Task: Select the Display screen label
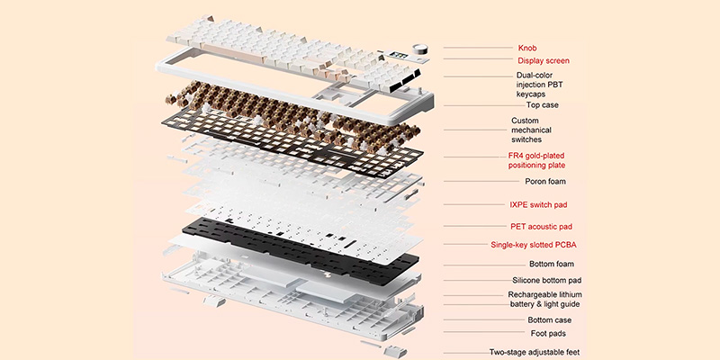[x=543, y=61]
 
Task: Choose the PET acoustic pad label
[x=540, y=226]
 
